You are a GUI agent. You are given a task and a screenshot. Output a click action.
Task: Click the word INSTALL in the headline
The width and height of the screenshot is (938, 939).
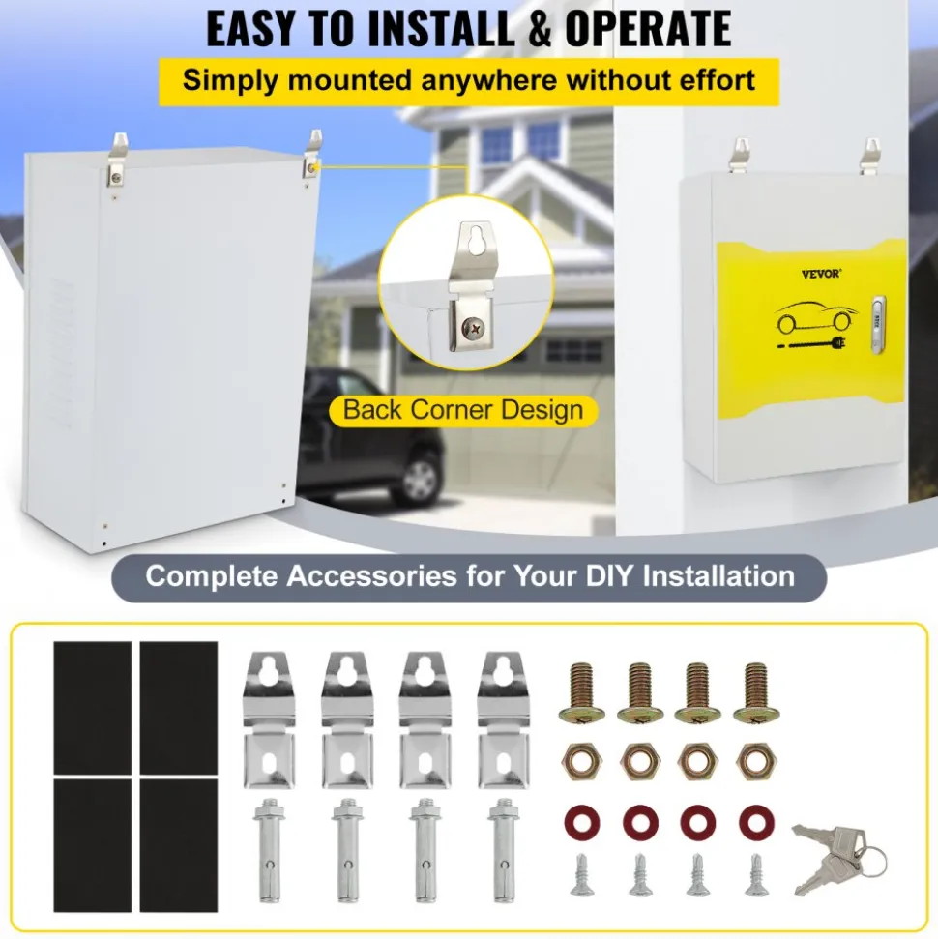(x=441, y=28)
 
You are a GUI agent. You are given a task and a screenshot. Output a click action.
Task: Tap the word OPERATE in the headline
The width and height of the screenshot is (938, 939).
(x=648, y=28)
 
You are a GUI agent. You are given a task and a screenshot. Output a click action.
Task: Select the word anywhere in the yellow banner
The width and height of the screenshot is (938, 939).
(x=488, y=80)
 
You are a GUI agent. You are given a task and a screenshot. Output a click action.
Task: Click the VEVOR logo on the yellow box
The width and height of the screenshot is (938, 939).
(x=821, y=274)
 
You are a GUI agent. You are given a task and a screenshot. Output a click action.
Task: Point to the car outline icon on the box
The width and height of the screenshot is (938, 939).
(x=816, y=317)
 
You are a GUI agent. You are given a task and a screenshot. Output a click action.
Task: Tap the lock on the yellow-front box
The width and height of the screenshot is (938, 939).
(x=878, y=323)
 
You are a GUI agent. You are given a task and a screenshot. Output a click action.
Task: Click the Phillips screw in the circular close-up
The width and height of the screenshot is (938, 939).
(x=473, y=328)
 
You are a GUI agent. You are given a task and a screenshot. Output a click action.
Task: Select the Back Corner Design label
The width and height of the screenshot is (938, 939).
(x=463, y=410)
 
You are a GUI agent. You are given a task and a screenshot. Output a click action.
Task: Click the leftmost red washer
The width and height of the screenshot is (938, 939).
(x=581, y=823)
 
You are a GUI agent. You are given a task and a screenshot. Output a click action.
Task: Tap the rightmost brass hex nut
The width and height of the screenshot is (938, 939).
(x=756, y=761)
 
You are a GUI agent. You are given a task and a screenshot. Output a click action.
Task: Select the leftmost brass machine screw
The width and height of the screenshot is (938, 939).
(x=581, y=692)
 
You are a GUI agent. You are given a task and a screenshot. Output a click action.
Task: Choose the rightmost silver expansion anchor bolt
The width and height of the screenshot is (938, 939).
(x=504, y=849)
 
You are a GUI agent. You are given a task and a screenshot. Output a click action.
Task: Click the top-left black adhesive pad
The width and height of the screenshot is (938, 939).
(x=93, y=708)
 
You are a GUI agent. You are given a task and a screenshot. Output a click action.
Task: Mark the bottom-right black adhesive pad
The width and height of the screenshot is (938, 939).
(x=179, y=845)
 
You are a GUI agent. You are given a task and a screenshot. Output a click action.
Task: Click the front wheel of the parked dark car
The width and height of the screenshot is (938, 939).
(x=420, y=479)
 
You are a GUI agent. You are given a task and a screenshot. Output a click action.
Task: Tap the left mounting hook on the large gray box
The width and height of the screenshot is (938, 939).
(x=118, y=159)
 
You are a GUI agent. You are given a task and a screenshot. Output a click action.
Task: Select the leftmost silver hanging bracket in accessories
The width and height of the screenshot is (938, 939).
(x=270, y=719)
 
